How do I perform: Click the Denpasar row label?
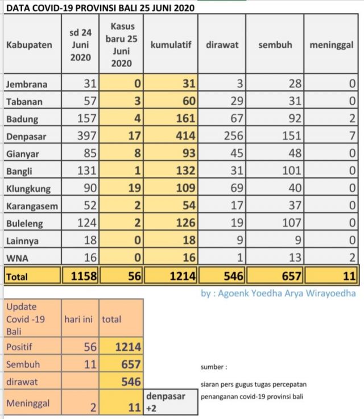[26, 136]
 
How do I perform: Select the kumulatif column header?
[171, 44]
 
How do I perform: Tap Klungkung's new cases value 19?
[134, 188]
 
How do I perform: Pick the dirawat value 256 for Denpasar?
[233, 136]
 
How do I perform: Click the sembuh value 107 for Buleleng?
[292, 223]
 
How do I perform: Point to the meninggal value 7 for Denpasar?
[352, 136]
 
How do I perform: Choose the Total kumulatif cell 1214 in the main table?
[183, 276]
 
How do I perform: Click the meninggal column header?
[332, 45]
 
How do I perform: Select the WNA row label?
[17, 259]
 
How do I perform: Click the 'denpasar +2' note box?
[171, 402]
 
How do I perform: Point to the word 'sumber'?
[212, 367]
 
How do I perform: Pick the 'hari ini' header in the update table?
[78, 319]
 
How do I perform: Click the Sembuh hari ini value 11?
[90, 364]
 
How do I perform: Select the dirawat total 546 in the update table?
[131, 381]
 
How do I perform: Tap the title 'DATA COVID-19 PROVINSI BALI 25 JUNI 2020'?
[100, 8]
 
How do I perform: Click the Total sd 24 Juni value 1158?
[84, 276]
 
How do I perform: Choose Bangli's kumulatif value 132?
[185, 171]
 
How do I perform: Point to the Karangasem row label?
[32, 206]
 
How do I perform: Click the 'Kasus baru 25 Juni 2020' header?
[121, 45]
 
